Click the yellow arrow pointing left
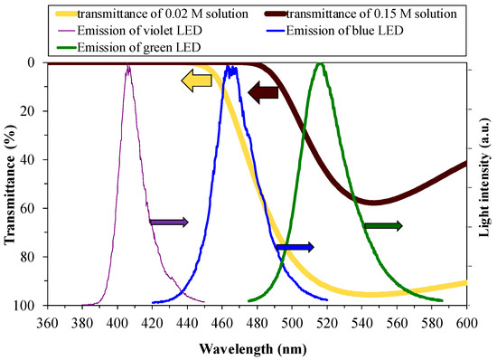196,81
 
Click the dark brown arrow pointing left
263,91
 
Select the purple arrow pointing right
169,222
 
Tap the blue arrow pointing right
295,246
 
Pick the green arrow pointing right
383,225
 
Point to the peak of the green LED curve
319,64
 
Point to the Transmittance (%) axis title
10,185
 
